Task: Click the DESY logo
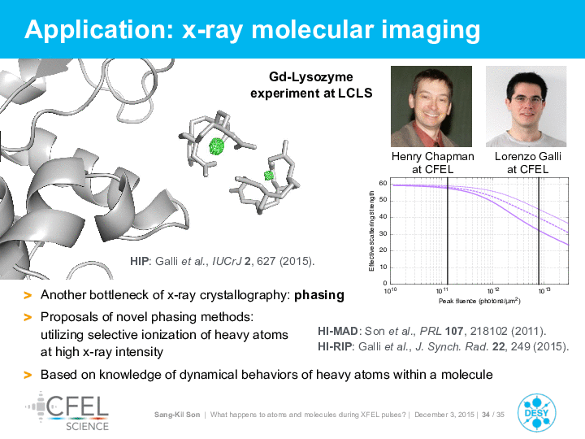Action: pos(536,413)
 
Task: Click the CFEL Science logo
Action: pos(67,411)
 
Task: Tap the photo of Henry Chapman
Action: pos(431,106)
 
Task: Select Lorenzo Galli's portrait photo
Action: pos(526,106)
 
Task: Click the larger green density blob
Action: pos(216,146)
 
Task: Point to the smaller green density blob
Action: pos(269,175)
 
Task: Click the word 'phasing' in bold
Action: pos(319,295)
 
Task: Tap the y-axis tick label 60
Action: pos(383,183)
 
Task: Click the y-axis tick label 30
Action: pos(383,233)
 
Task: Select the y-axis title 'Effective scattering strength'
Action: pos(371,232)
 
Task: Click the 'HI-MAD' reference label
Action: pos(338,331)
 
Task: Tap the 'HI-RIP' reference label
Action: pos(335,347)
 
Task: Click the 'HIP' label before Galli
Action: pos(139,261)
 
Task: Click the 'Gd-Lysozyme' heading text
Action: pos(310,77)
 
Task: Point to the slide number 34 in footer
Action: pos(486,415)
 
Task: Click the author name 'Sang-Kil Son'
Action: pos(177,415)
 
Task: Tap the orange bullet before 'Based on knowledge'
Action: pos(28,375)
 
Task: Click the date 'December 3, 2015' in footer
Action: pos(444,415)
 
